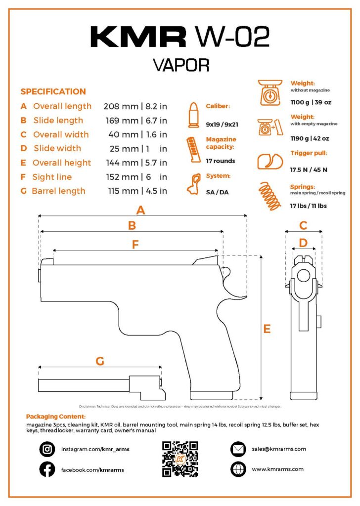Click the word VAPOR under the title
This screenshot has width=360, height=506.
[180, 65]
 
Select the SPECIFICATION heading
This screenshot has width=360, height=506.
[53, 91]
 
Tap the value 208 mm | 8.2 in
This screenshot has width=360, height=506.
[135, 106]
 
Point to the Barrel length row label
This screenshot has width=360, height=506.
[58, 191]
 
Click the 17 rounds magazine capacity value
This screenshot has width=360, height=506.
[221, 161]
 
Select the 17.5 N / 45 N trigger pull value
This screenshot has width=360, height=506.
[309, 169]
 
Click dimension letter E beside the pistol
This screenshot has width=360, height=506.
[267, 329]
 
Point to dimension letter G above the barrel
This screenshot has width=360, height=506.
[100, 362]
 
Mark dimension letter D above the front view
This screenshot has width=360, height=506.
[303, 242]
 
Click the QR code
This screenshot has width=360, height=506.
[180, 459]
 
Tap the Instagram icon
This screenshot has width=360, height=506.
[47, 449]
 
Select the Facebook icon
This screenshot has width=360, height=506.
[47, 469]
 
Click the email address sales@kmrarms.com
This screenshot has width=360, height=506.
[279, 449]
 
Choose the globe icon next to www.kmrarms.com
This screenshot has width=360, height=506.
[238, 468]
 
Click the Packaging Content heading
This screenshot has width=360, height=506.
[55, 417]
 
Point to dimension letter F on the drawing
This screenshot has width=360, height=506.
[135, 244]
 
